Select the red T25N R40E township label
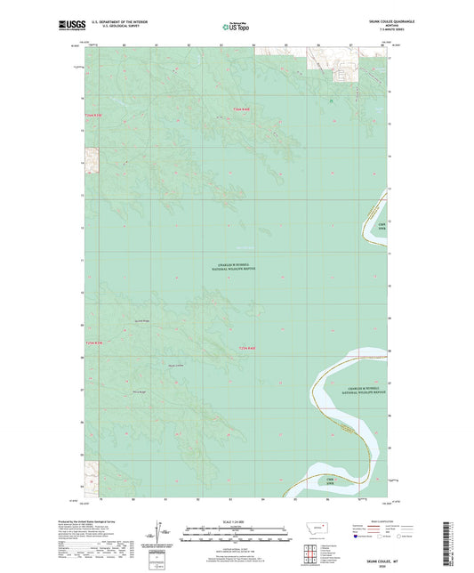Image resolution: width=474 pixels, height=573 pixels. click(248, 348)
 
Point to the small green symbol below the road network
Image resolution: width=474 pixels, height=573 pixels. click(329, 101)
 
